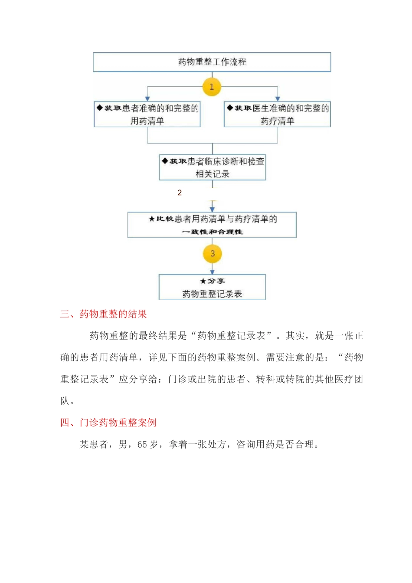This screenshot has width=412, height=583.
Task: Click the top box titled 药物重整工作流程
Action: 212,62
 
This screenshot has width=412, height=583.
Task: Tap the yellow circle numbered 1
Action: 212,87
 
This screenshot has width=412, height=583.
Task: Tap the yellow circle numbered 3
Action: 213,254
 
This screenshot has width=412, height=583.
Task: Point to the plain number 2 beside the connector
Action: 180,193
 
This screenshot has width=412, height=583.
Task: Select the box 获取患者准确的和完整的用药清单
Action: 147,115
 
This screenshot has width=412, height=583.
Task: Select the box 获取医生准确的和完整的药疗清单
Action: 277,115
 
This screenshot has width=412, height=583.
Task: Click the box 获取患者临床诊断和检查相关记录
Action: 213,167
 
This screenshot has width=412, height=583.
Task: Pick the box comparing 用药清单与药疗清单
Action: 212,225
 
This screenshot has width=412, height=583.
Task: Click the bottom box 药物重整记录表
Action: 212,287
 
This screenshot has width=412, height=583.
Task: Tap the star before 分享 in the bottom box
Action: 203,281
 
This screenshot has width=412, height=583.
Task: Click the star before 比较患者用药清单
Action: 151,219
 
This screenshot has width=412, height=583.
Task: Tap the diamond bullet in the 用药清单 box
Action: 100,108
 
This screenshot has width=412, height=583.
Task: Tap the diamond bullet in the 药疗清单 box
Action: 230,108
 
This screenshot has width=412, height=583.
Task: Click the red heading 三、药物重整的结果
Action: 103,314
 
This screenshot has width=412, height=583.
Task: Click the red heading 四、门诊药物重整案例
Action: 108,423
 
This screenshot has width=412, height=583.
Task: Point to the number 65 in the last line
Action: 142,445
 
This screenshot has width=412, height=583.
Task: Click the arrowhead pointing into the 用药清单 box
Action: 147,99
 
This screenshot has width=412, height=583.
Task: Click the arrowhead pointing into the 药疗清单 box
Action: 278,99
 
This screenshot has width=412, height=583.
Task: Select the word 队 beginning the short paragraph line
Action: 65,401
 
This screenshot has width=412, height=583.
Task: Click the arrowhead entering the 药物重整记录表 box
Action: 213,272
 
